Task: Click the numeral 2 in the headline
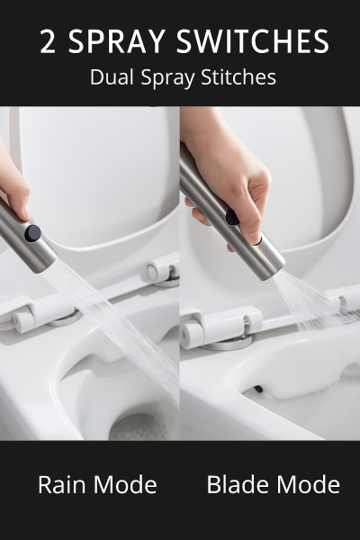(49, 42)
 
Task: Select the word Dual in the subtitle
(110, 78)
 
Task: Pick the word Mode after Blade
(308, 486)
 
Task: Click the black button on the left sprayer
(33, 234)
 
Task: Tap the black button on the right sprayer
(233, 217)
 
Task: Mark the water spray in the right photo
(306, 301)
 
